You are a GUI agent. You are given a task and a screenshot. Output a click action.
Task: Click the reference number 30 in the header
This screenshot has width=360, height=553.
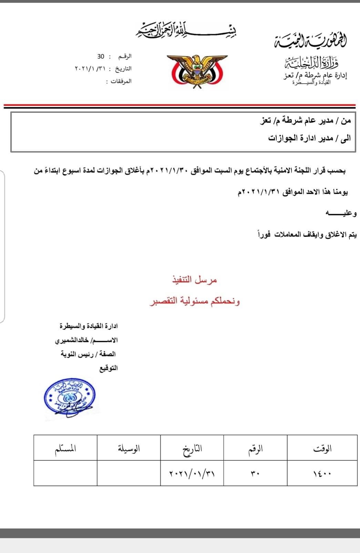point(101,56)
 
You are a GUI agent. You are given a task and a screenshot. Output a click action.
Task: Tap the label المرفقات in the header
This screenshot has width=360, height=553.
point(119,81)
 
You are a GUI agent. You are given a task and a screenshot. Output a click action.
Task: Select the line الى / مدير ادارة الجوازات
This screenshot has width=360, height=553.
point(309,138)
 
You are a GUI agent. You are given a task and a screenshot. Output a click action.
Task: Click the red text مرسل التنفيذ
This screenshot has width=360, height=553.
point(195,280)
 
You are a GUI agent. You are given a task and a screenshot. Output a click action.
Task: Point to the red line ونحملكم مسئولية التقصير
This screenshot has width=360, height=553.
point(195,301)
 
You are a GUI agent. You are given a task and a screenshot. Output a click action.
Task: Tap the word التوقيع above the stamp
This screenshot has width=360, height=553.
point(109,368)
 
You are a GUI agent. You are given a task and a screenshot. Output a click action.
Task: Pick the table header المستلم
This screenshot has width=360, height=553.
point(65,448)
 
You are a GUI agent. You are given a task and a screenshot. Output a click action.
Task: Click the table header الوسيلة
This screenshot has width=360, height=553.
point(129,448)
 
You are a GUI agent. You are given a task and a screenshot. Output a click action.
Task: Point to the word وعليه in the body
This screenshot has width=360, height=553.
point(341,214)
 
